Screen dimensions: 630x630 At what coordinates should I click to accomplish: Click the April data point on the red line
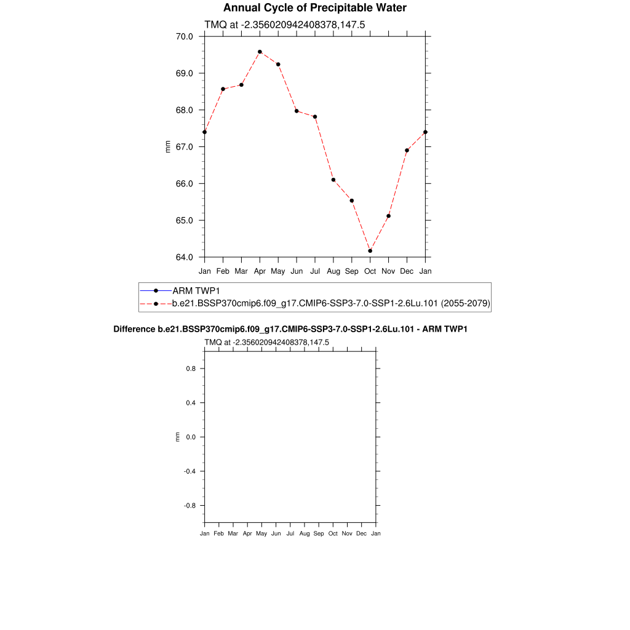click(260, 52)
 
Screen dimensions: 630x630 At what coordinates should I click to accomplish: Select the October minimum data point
click(370, 251)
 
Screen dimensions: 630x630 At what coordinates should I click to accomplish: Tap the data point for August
click(333, 180)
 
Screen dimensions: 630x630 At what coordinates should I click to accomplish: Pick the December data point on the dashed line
click(407, 150)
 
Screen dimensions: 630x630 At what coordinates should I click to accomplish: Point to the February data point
click(223, 89)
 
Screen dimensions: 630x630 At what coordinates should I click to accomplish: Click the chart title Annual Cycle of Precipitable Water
click(314, 8)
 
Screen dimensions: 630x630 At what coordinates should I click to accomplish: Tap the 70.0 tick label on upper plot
click(185, 36)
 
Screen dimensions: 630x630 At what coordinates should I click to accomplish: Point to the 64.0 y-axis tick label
click(185, 257)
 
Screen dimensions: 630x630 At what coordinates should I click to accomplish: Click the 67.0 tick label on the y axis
click(185, 147)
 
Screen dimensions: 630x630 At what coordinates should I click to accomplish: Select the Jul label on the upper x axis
click(315, 271)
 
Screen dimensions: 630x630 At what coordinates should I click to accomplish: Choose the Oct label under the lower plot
click(333, 533)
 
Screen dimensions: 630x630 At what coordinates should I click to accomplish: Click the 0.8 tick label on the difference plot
click(190, 369)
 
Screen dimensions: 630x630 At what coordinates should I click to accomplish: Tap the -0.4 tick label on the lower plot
click(189, 471)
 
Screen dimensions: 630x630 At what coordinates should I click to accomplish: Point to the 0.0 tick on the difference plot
click(190, 437)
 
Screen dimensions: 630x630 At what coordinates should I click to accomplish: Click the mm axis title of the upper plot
click(168, 146)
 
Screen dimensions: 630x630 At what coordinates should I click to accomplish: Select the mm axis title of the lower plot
click(178, 437)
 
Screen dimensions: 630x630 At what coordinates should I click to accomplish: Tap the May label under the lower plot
click(261, 533)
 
